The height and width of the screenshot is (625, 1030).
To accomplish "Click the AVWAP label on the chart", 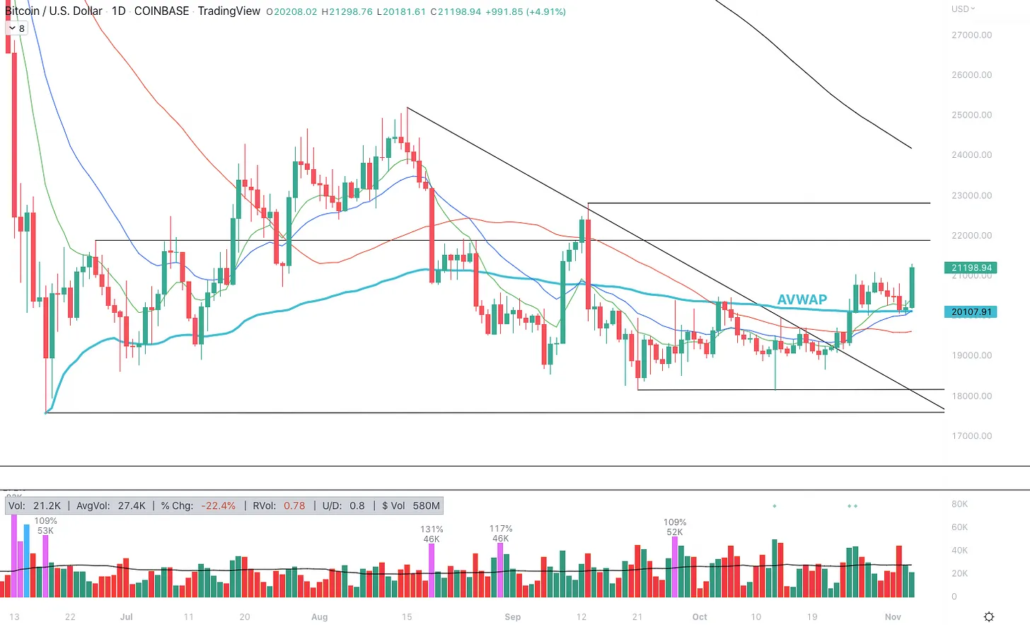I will tap(802, 299).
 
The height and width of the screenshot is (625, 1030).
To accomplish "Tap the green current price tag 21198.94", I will tap(971, 268).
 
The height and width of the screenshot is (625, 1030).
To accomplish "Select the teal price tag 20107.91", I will tap(971, 311).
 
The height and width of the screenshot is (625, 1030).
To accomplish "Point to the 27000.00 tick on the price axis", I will tap(971, 35).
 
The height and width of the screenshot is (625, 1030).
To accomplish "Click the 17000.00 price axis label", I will tap(971, 436).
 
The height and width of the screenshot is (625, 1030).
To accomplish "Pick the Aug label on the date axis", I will tap(319, 617).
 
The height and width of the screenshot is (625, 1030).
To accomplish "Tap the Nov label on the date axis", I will tap(893, 617).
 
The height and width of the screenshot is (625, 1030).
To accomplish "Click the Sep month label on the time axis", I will tap(513, 617).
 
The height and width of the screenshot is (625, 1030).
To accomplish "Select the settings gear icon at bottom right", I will tap(989, 617).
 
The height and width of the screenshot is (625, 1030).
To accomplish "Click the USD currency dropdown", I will tap(963, 9).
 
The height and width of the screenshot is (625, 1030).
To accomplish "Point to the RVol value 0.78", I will tap(294, 505).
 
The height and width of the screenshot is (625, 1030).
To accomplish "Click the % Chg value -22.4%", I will tap(218, 505).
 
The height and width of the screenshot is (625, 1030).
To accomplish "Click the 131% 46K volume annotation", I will tap(432, 534).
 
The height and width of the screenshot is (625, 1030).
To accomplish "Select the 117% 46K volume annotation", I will tap(500, 533).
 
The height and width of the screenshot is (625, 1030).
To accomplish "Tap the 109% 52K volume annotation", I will tap(674, 527).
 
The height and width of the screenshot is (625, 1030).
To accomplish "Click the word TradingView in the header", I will tap(228, 11).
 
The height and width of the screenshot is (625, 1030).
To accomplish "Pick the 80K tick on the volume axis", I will tap(959, 504).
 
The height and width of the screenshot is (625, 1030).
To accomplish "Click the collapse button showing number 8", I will tap(16, 28).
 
